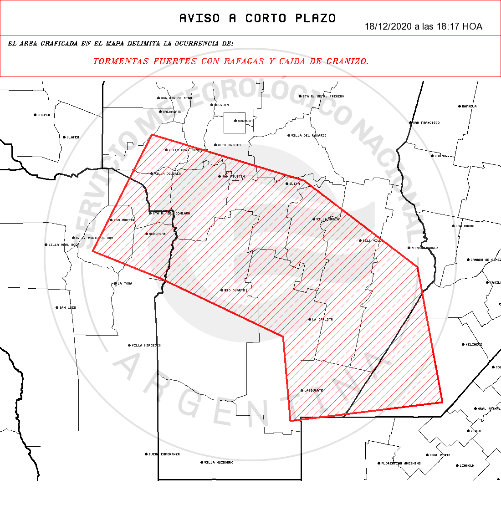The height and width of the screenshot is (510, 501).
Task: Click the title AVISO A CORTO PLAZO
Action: (257, 18)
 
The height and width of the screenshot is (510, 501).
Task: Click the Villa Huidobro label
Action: (218, 462)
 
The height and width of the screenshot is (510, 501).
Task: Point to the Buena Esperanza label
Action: (164, 454)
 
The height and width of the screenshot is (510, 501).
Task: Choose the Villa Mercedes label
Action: (146, 345)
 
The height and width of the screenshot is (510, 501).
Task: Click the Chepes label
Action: (43, 115)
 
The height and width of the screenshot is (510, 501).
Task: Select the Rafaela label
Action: (469, 106)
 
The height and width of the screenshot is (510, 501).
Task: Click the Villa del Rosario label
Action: (308, 135)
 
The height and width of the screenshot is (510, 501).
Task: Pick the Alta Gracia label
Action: (229, 145)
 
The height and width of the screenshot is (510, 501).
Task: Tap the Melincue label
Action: (473, 344)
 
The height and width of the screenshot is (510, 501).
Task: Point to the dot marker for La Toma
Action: (115, 284)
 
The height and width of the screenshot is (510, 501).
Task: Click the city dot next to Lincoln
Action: (457, 465)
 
